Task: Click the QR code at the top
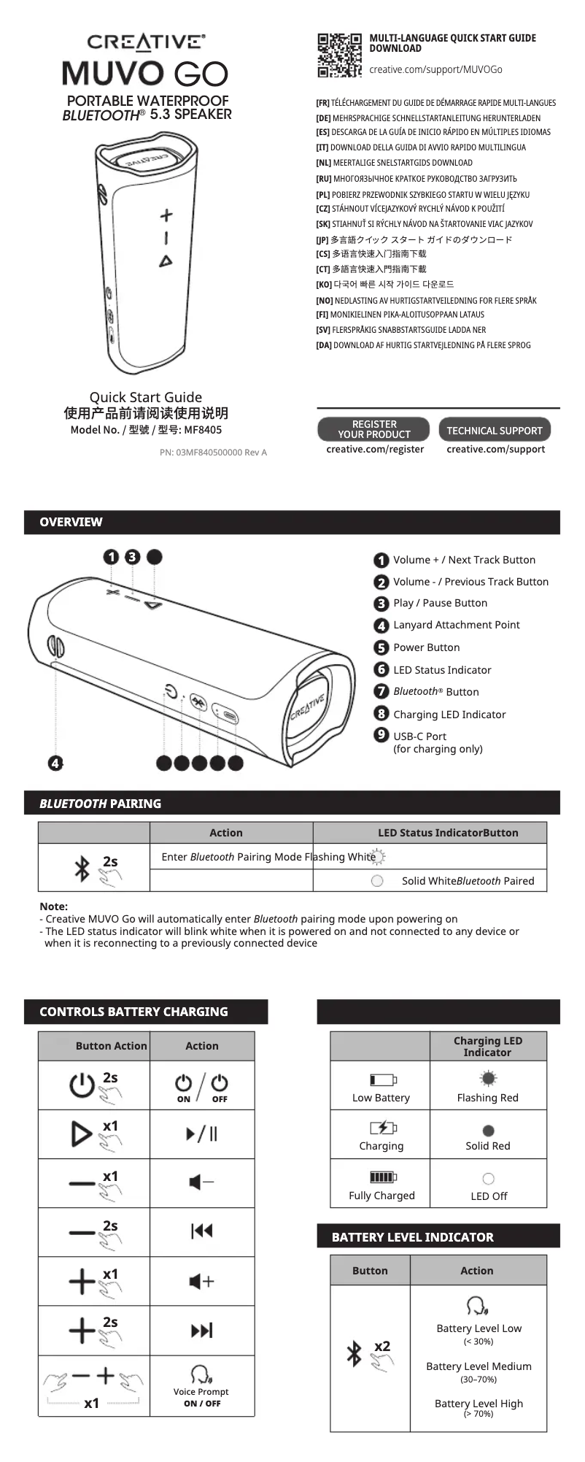(339, 55)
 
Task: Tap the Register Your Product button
(374, 429)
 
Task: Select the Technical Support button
(495, 430)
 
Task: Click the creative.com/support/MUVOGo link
(435, 69)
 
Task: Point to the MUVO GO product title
(145, 73)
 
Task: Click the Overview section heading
(71, 522)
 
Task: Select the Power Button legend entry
(426, 647)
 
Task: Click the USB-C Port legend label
(419, 736)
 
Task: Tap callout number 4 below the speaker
(55, 763)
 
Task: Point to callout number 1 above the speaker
(111, 557)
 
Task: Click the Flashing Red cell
(487, 1097)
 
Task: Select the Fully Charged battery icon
(383, 1177)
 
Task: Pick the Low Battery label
(381, 1098)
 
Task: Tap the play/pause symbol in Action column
(201, 1134)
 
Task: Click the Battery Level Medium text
(479, 1366)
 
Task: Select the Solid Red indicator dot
(488, 1131)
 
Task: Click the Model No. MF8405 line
(146, 430)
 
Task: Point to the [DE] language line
(428, 118)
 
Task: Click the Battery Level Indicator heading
(412, 1237)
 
